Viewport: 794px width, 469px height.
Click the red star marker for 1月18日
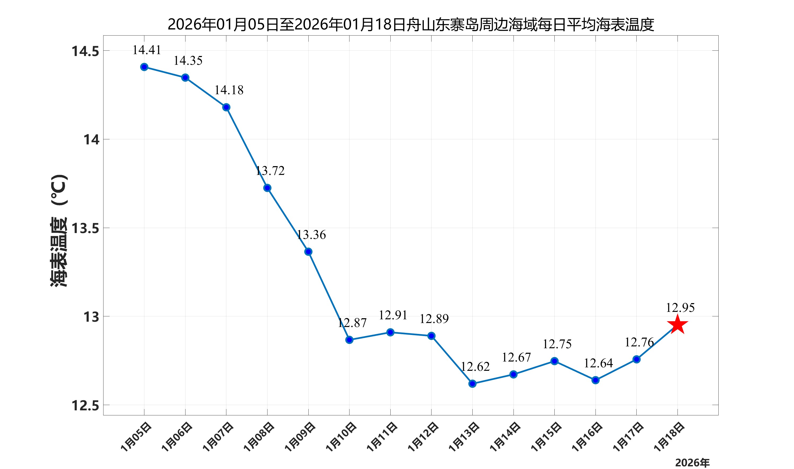click(x=678, y=324)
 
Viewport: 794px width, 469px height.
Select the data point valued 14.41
click(x=144, y=67)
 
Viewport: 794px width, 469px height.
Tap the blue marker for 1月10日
click(x=349, y=340)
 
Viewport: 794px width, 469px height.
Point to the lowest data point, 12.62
click(x=472, y=384)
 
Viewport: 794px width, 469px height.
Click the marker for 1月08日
click(x=267, y=188)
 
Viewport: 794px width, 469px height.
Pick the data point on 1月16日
click(x=595, y=380)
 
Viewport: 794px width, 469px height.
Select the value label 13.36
click(x=311, y=235)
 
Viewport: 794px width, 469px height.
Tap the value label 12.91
click(x=393, y=315)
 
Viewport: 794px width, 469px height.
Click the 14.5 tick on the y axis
click(x=85, y=51)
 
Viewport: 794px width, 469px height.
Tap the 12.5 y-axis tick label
click(x=85, y=406)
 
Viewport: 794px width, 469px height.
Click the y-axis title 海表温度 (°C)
click(x=59, y=231)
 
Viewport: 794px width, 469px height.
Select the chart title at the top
click(x=411, y=24)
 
